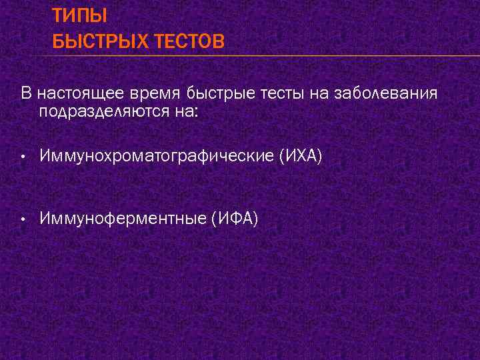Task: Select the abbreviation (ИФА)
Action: pyautogui.click(x=234, y=218)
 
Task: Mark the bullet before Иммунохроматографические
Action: pyautogui.click(x=23, y=157)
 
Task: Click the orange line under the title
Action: pyautogui.click(x=267, y=55)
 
